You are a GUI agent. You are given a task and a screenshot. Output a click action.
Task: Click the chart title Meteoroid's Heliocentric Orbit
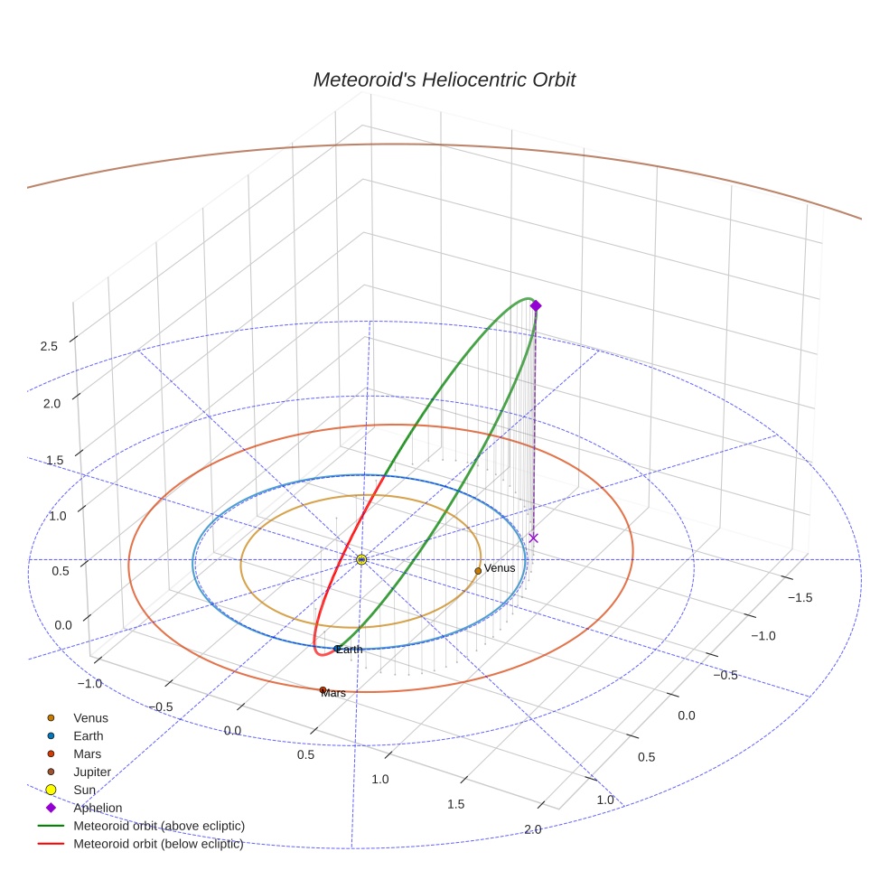click(x=444, y=80)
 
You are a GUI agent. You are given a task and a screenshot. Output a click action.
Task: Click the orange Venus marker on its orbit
click(x=478, y=571)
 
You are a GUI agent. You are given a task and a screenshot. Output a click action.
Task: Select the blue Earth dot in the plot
click(x=337, y=649)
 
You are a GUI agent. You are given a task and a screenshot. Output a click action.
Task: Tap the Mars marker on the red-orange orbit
click(x=323, y=690)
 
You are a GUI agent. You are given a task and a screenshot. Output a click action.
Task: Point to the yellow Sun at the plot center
click(x=361, y=560)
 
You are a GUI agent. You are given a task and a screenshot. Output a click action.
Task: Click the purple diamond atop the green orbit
click(x=535, y=306)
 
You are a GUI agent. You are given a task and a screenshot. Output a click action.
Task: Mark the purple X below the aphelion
click(x=533, y=538)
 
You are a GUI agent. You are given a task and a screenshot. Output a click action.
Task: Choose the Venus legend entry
click(x=90, y=718)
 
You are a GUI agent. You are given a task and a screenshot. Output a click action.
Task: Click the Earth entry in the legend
click(x=88, y=736)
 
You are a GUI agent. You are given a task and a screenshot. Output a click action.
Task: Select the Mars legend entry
click(x=87, y=754)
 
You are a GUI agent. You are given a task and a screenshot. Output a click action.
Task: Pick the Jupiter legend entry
click(x=92, y=772)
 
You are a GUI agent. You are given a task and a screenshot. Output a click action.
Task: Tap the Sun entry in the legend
click(x=84, y=791)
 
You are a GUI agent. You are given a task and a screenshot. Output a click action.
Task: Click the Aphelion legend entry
click(x=98, y=808)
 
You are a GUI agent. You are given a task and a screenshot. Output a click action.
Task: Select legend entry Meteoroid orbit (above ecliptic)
click(x=158, y=826)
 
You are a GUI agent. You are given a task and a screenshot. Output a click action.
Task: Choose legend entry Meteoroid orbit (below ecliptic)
click(x=158, y=844)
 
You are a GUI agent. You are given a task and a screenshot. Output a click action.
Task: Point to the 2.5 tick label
click(x=49, y=346)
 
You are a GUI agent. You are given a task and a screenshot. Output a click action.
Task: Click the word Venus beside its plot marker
click(x=500, y=568)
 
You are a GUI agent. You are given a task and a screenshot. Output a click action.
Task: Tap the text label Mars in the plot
click(x=333, y=694)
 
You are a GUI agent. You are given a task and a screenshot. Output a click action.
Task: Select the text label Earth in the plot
click(x=350, y=650)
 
